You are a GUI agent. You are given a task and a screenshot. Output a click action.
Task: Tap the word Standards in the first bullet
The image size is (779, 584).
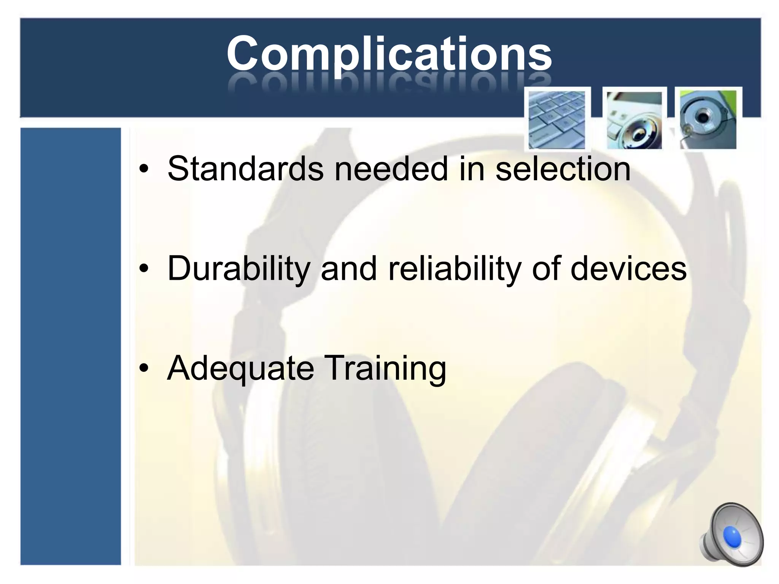pyautogui.click(x=245, y=169)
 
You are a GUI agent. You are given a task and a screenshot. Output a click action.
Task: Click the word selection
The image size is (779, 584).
pyautogui.click(x=563, y=169)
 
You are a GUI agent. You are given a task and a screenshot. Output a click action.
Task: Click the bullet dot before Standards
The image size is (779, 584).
pyautogui.click(x=143, y=170)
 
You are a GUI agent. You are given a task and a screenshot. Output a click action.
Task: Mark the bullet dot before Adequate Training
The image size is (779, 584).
pyautogui.click(x=143, y=369)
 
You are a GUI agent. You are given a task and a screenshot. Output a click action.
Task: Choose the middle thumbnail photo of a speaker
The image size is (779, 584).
pyautogui.click(x=634, y=120)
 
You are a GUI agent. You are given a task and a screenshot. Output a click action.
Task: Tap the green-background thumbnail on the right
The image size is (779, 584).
pyautogui.click(x=708, y=119)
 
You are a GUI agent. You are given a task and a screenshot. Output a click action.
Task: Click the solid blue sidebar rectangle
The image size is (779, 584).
pyautogui.click(x=71, y=346)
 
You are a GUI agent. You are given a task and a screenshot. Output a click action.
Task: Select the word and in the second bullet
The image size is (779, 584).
pyautogui.click(x=348, y=268)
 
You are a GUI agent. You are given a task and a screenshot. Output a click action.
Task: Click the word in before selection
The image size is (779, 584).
pyautogui.click(x=472, y=169)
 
